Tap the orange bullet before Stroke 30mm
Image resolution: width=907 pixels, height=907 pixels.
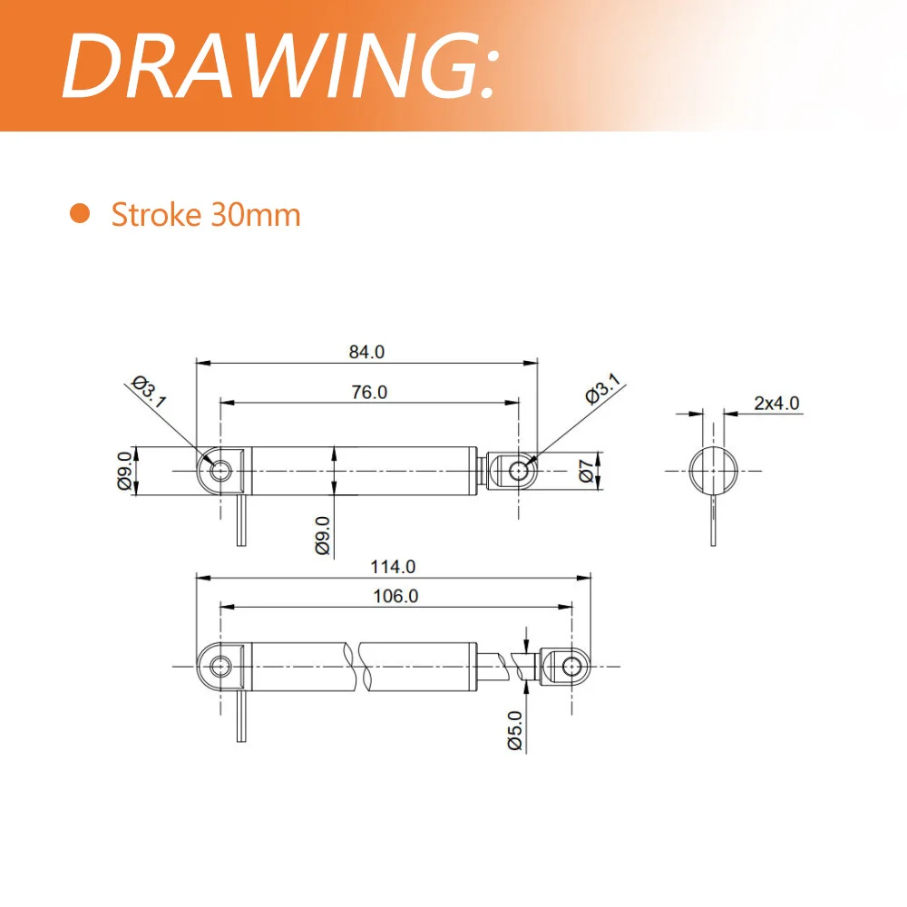tap(81, 214)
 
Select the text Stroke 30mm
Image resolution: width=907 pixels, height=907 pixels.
tap(205, 215)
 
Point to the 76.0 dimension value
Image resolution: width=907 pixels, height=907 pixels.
tap(369, 392)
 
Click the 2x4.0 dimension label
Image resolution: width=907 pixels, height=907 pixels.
tap(776, 404)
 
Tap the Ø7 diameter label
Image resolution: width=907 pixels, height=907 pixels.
tap(586, 471)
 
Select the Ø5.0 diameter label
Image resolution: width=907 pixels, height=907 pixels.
tap(514, 731)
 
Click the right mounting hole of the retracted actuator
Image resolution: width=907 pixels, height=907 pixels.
tap(520, 471)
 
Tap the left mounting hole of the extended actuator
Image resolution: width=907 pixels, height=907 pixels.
tap(219, 667)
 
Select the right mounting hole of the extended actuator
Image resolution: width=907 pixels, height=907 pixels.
tap(571, 667)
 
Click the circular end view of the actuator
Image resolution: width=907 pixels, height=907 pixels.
tap(712, 471)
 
